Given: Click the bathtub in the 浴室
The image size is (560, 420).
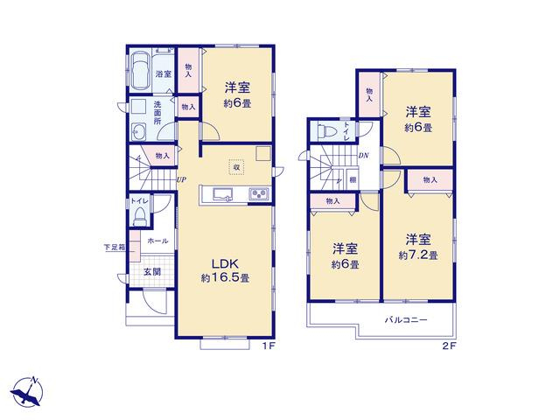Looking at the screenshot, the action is click(x=140, y=72).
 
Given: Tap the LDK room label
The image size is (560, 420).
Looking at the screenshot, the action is click(x=225, y=264).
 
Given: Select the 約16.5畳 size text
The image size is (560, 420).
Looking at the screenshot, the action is click(x=225, y=278).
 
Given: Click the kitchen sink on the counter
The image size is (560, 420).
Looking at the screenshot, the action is click(x=223, y=194).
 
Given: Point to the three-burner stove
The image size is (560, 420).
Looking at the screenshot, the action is click(x=260, y=194).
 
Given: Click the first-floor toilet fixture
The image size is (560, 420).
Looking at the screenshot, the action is click(x=140, y=216).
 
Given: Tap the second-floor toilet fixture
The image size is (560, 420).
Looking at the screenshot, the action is click(x=326, y=130).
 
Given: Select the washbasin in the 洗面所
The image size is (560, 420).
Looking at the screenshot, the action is click(x=138, y=132).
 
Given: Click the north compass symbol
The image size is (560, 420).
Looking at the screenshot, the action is click(x=27, y=393).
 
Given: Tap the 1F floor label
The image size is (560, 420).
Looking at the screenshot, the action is click(x=269, y=346).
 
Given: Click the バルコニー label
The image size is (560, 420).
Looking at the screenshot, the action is click(x=406, y=319).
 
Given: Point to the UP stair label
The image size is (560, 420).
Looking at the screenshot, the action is click(x=181, y=179).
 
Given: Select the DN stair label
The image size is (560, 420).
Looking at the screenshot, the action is click(x=364, y=156).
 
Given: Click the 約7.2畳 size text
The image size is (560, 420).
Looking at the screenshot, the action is click(x=418, y=255).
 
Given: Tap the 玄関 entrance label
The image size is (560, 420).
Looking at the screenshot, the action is click(x=152, y=272).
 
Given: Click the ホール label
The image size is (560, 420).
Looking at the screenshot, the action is click(x=157, y=241).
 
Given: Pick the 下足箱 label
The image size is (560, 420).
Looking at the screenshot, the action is click(x=115, y=247).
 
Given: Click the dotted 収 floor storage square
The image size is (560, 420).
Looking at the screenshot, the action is click(x=236, y=167).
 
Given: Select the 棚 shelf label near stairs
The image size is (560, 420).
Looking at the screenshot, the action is click(x=353, y=180).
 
